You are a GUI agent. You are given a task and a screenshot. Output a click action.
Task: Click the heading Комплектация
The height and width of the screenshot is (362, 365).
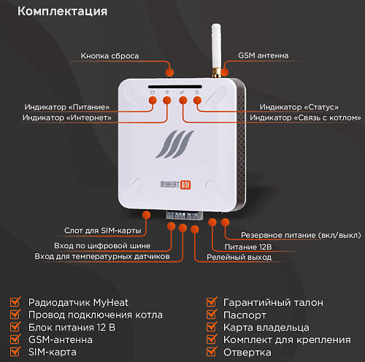(62, 12)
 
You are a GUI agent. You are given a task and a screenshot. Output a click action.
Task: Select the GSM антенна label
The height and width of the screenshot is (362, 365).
(264, 55)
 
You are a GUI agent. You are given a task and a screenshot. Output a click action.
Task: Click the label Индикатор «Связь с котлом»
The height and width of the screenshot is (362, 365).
(305, 118)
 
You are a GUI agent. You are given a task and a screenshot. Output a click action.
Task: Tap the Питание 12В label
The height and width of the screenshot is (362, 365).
(252, 248)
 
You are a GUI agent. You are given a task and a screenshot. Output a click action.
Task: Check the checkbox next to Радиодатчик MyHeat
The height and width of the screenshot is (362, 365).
(15, 302)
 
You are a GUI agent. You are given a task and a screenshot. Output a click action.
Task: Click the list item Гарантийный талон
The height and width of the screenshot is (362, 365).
(273, 302)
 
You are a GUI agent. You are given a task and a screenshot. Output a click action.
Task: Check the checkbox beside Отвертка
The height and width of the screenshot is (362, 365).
(211, 353)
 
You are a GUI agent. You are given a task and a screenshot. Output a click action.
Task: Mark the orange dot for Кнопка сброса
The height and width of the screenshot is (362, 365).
(170, 71)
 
